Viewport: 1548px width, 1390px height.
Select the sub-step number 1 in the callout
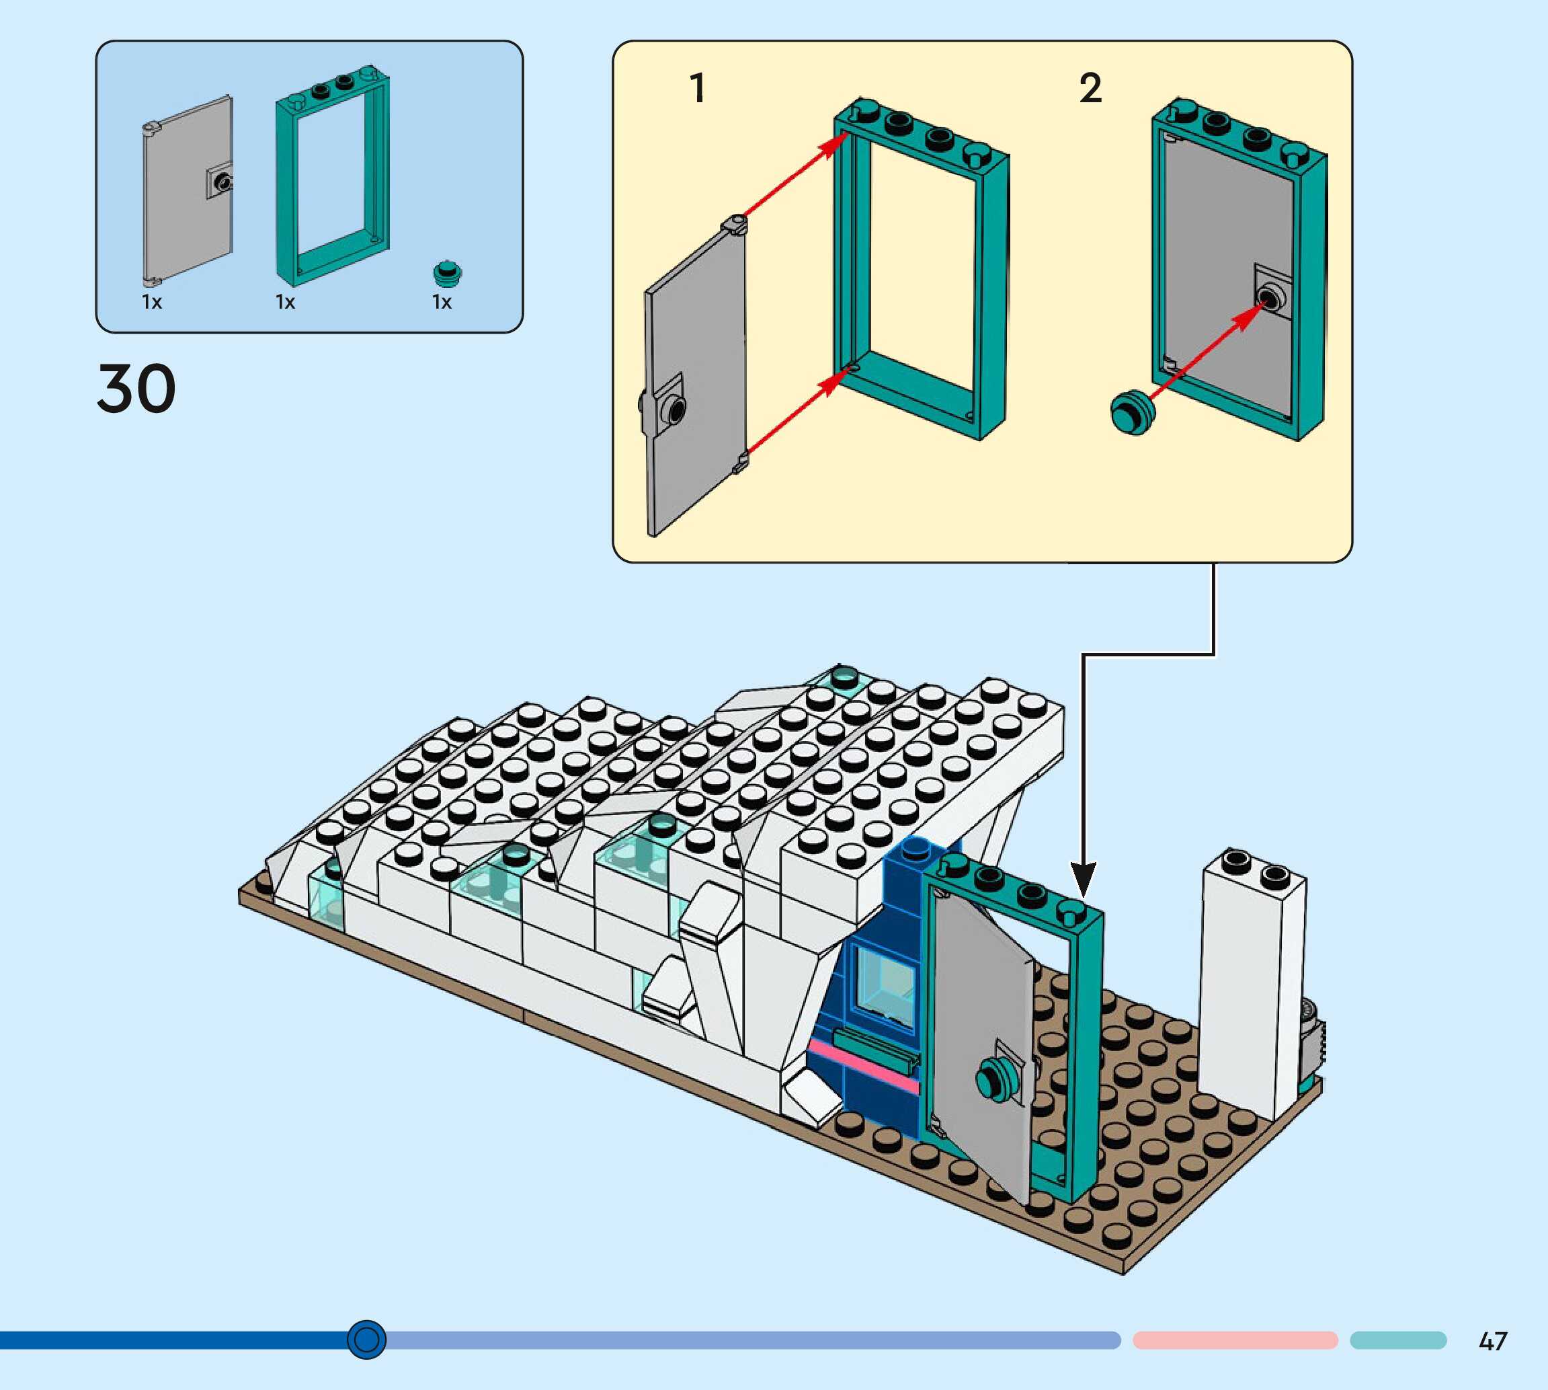click(x=697, y=89)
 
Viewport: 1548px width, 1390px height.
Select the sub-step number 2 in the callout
click(x=1090, y=89)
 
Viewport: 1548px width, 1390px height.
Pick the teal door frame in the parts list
click(x=331, y=176)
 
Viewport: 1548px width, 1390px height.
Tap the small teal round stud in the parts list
click(x=447, y=272)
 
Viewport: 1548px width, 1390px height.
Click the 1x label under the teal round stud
click(x=442, y=303)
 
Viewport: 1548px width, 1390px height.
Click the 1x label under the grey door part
click(x=152, y=303)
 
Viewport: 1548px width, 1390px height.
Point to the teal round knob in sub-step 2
click(x=1133, y=412)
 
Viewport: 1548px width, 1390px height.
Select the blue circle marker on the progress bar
click(x=366, y=1339)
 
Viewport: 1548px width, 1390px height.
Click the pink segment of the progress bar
click(x=1235, y=1340)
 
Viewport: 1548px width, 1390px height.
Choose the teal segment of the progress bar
click(x=1397, y=1340)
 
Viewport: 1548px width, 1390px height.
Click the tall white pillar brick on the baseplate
click(x=1252, y=985)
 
